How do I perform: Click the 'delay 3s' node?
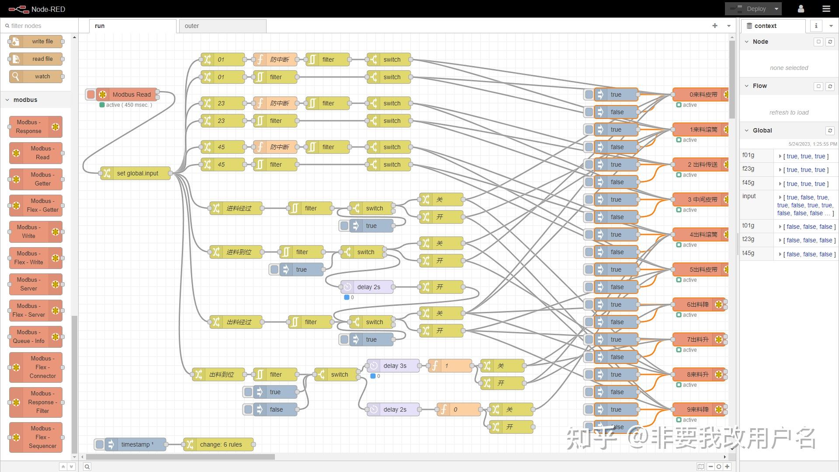tap(394, 366)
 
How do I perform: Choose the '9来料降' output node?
tap(697, 409)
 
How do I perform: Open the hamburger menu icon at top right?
tap(826, 9)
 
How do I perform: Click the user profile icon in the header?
tap(801, 9)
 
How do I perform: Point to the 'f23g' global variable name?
tap(748, 169)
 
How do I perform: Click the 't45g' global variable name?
tap(748, 253)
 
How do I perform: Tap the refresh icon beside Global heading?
tap(830, 130)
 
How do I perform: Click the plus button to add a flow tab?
tap(715, 26)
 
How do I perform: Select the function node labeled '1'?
tap(450, 366)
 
